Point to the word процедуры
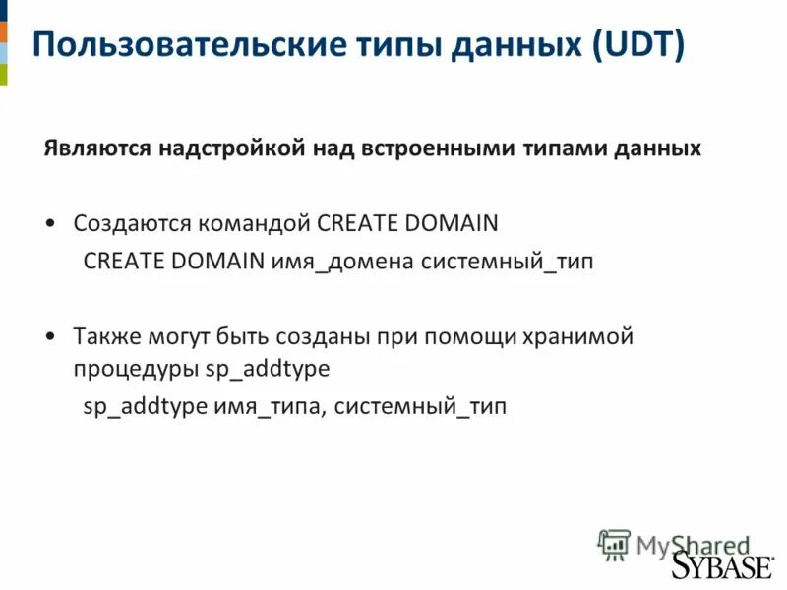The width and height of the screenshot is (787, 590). coord(136,370)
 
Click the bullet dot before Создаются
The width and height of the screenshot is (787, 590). coord(50,223)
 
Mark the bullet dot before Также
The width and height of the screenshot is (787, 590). coord(50,336)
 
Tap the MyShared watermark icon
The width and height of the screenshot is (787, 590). coord(614,543)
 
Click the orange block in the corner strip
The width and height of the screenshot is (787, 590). coord(3,30)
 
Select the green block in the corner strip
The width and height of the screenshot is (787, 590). coord(3,74)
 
